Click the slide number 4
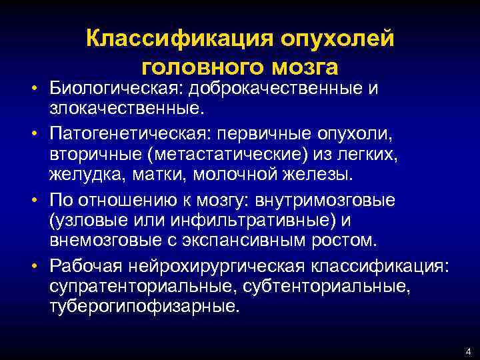coord(469,351)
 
